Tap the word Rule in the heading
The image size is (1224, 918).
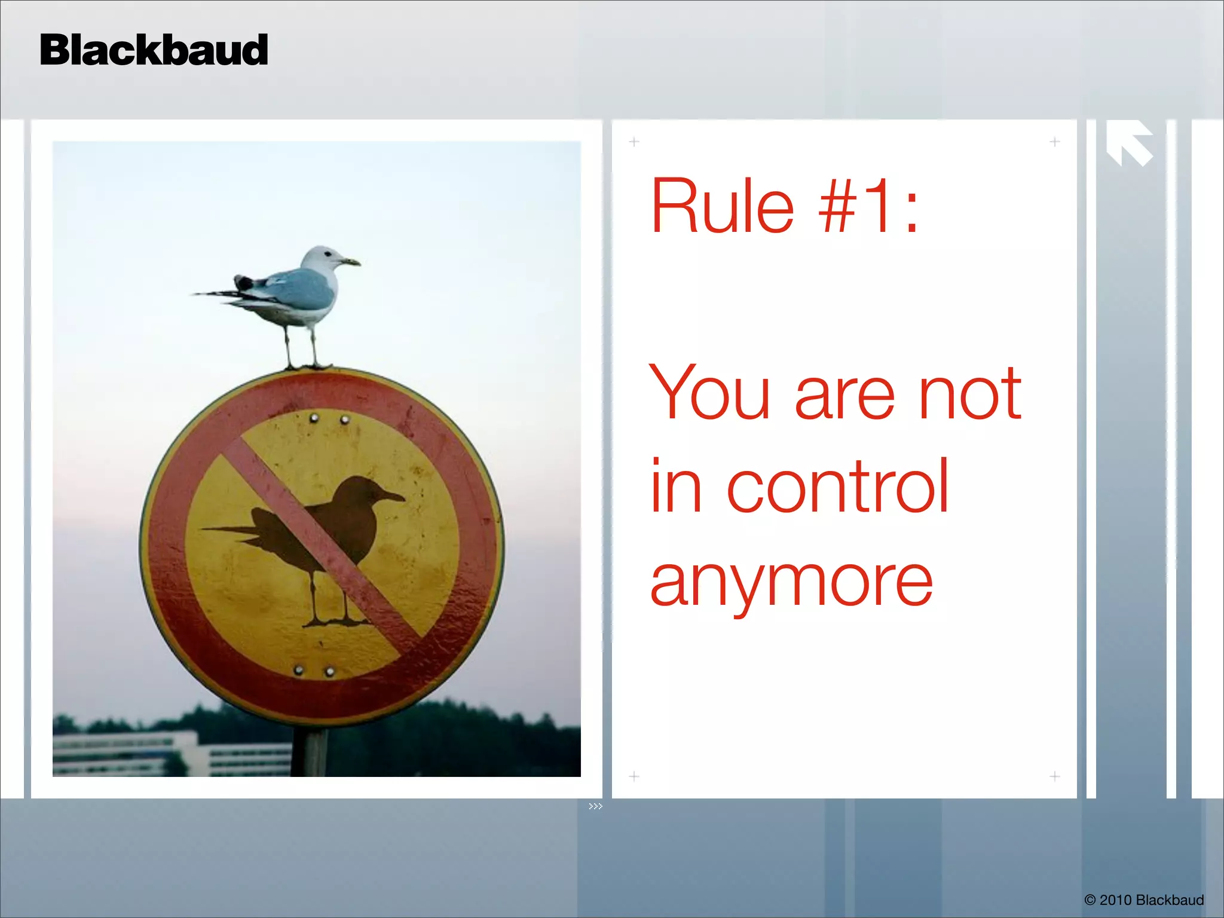pyautogui.click(x=722, y=206)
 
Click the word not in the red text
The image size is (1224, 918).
pyautogui.click(x=969, y=393)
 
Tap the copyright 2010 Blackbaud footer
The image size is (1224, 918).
pyautogui.click(x=1143, y=900)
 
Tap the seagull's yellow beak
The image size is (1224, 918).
pyautogui.click(x=351, y=261)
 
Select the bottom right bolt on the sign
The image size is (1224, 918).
pyautogui.click(x=329, y=672)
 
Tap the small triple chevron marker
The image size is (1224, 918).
pyautogui.click(x=595, y=806)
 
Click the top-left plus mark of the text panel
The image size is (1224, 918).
pyautogui.click(x=634, y=142)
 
